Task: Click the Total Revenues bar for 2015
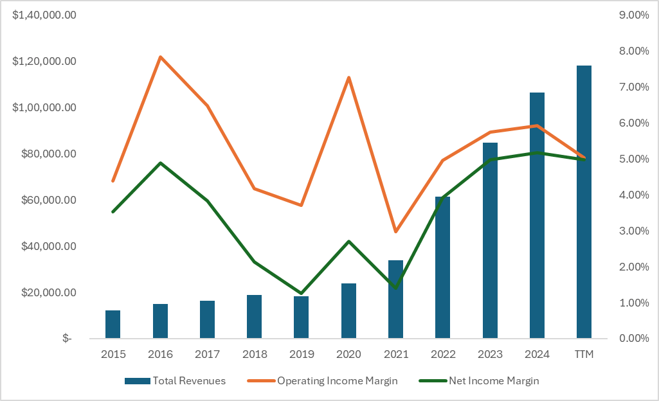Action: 113,325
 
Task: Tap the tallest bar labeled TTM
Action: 584,202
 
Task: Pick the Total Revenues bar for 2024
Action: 537,215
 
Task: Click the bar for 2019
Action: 302,317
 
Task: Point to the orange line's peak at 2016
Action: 160,57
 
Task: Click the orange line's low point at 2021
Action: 395,231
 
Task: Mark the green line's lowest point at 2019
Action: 302,293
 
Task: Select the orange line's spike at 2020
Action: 348,78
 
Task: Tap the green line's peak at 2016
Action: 160,163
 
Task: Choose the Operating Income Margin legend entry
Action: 323,380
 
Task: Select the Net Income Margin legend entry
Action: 478,380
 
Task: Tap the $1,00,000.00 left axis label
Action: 44,107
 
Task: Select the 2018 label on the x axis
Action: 255,354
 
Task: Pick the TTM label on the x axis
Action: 584,354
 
